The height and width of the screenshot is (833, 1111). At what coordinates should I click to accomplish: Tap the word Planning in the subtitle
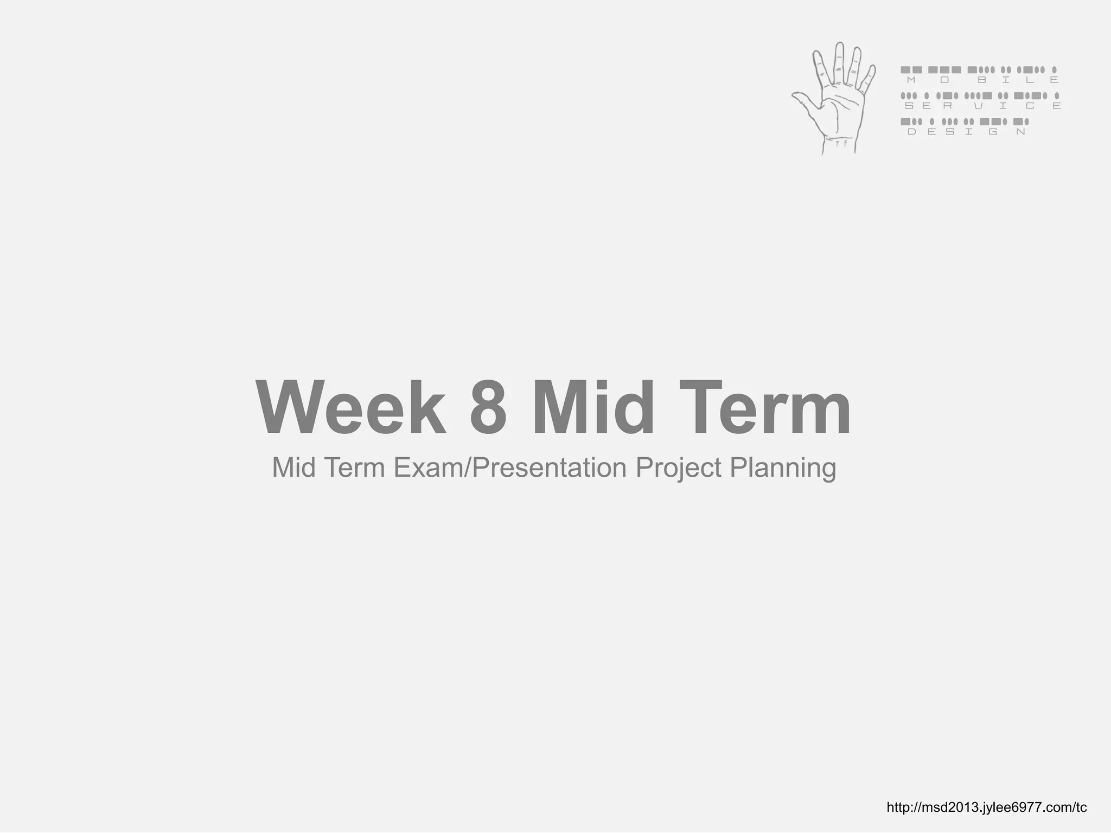[x=782, y=467]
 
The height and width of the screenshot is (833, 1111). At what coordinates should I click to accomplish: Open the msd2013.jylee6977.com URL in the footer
[x=986, y=808]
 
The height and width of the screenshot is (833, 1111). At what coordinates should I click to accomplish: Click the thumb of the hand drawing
[x=803, y=98]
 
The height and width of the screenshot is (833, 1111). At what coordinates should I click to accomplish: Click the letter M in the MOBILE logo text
[x=911, y=80]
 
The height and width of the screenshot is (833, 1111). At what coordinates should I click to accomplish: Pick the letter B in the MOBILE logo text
[x=981, y=80]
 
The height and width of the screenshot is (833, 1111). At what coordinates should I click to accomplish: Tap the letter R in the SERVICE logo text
[x=947, y=106]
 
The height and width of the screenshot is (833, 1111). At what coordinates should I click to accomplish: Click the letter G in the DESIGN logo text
[x=993, y=132]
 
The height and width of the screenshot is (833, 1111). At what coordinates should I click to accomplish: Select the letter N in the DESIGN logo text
[x=1021, y=132]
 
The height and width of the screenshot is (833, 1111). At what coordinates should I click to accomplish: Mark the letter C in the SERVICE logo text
[x=1030, y=106]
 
